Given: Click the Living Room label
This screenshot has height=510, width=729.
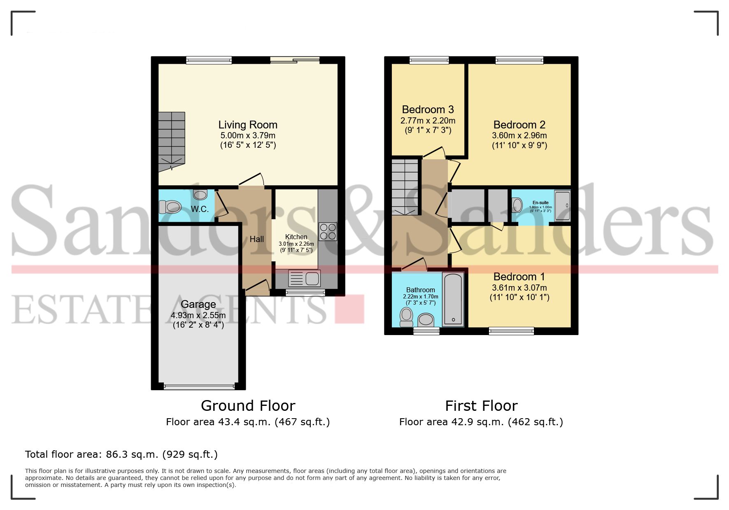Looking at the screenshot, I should click(x=247, y=125).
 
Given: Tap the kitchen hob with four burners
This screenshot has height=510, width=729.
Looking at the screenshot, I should click(x=328, y=231).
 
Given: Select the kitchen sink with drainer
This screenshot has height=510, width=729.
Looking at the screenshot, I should click(x=305, y=279).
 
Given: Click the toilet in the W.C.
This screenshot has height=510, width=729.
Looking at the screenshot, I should click(x=170, y=207).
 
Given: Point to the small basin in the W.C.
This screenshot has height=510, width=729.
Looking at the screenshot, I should click(x=200, y=194).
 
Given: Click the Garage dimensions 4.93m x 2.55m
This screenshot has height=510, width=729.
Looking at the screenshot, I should click(x=198, y=315).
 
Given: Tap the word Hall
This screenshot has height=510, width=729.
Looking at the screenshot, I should click(x=256, y=239).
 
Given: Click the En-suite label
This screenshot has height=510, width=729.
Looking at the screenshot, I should click(x=540, y=203).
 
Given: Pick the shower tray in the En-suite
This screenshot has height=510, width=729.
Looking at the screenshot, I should click(x=562, y=205).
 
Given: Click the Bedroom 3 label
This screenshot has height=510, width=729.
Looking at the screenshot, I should click(x=428, y=109).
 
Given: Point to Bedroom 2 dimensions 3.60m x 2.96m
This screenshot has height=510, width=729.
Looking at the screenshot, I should click(x=519, y=135).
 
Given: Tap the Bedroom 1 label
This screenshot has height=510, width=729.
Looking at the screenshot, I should click(x=519, y=277).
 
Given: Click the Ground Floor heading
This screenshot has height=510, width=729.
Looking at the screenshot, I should click(x=248, y=406).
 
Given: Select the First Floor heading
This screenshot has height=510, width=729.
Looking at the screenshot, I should click(x=481, y=406).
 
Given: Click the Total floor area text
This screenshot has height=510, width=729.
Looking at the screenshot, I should click(x=121, y=454).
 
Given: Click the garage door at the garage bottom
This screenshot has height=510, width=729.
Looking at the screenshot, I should click(x=199, y=387).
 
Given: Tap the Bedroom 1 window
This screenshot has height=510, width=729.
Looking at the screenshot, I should click(x=511, y=331).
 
